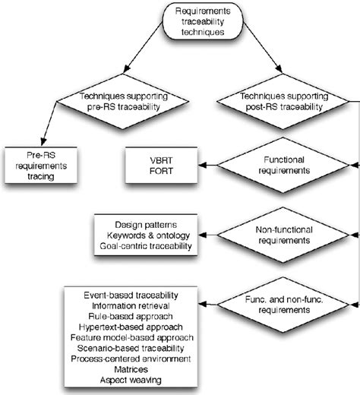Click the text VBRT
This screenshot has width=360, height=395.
[162, 160]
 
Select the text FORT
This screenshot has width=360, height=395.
[162, 171]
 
